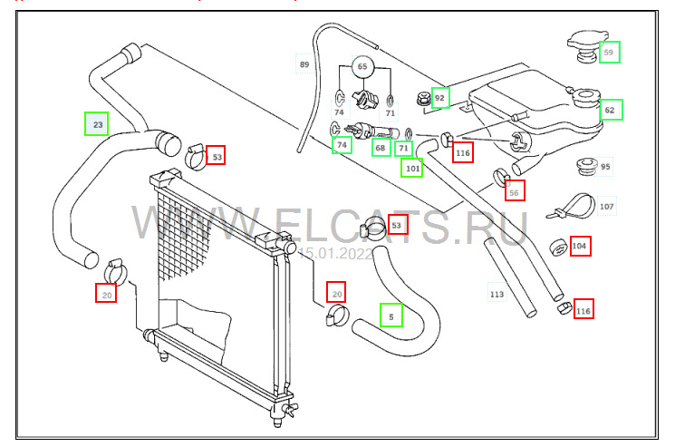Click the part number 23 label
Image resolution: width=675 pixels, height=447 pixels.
pos(96,123)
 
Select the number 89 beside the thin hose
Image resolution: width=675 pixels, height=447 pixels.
pos(304,64)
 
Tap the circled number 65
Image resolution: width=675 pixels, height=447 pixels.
pos(362,67)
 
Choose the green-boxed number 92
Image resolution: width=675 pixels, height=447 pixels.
pos(440,97)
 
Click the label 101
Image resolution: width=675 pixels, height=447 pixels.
pos(412,167)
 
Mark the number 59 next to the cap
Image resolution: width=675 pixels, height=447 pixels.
pos(609,53)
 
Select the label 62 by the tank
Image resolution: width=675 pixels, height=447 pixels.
pos(610,111)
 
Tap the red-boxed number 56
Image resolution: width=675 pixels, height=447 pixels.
pos(514,191)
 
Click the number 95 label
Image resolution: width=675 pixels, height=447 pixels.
pos(605,167)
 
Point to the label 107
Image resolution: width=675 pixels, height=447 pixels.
pos(606,207)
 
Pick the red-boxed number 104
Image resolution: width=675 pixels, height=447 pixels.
pos(580,246)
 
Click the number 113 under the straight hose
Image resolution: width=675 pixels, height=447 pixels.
pos(497,294)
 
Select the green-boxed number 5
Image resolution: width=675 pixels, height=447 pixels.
pos(391,315)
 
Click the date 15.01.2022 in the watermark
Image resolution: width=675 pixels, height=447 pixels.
pos(335,255)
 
